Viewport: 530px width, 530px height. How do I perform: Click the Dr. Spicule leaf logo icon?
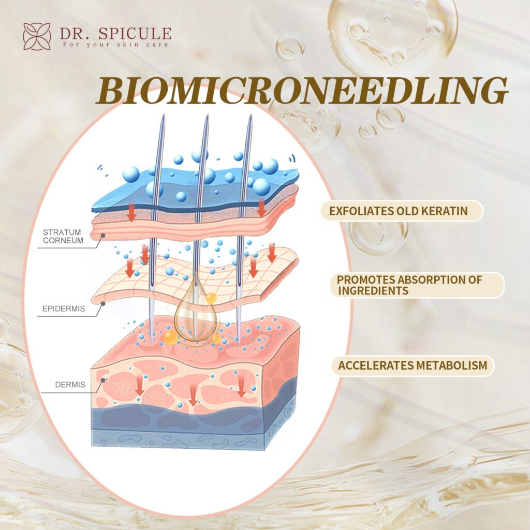coord(37,36)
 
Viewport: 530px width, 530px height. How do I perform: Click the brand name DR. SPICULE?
coord(115,34)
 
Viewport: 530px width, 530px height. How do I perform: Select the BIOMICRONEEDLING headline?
coord(302,92)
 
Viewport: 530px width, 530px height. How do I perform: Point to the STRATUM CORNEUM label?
coord(62,236)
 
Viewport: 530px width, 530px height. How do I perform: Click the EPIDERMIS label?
coord(63,310)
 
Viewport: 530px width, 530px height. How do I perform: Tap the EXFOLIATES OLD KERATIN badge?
coord(401,211)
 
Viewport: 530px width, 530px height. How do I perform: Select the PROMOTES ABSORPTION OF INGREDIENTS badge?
coord(418,285)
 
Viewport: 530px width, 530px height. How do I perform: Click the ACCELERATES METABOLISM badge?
coord(413,366)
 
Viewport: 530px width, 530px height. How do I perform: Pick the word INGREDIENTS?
coord(373,291)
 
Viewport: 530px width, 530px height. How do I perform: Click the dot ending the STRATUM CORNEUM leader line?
coord(103,236)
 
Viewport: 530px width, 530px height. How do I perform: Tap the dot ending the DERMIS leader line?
coord(104,380)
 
